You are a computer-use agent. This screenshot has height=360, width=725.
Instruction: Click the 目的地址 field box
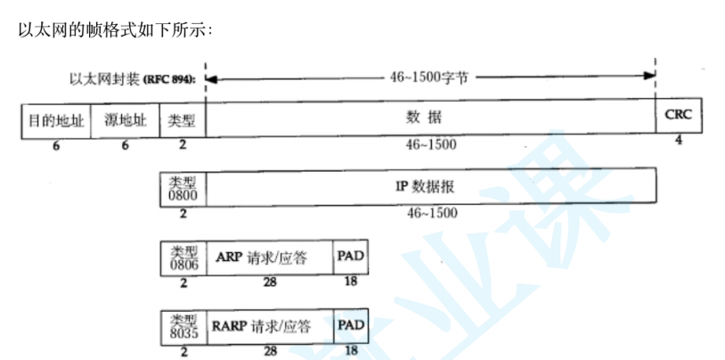(55, 121)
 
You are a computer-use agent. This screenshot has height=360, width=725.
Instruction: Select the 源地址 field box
(125, 121)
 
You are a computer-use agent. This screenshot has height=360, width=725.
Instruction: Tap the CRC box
(679, 115)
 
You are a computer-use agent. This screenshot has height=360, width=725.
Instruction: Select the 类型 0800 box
(183, 188)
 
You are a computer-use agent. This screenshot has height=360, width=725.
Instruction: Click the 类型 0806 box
(183, 258)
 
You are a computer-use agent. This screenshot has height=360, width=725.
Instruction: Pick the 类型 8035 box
(183, 326)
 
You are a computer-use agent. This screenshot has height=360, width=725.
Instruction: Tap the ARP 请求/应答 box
(269, 258)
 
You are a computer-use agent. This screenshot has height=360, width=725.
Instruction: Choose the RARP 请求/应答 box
(269, 326)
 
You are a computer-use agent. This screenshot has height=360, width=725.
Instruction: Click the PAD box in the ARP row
(351, 258)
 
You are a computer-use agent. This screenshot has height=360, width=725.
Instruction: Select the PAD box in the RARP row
(351, 326)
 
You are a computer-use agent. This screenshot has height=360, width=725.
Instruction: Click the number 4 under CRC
(679, 140)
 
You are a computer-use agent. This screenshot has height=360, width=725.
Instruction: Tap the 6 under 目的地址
(55, 145)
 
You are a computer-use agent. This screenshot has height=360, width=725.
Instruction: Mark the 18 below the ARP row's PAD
(351, 282)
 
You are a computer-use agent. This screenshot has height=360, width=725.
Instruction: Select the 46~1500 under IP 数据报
(432, 213)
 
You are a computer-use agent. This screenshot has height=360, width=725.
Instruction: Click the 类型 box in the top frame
(183, 121)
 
